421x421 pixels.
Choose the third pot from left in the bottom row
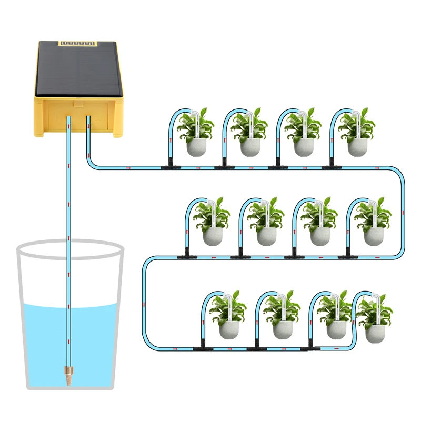point(336,328)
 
